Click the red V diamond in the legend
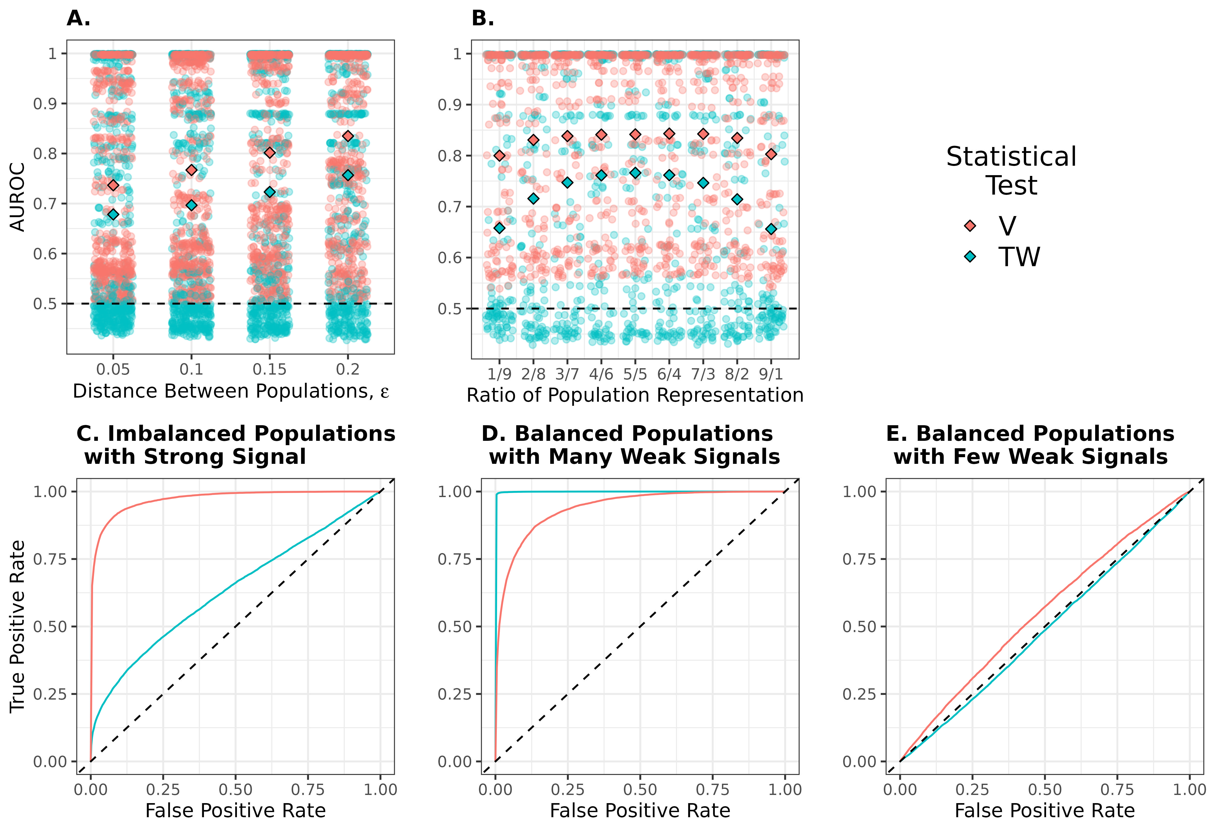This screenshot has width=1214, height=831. (970, 226)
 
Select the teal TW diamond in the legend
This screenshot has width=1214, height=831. (970, 257)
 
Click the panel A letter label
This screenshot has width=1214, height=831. (78, 19)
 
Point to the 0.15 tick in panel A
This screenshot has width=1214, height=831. (270, 369)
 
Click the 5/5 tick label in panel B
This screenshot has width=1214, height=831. (635, 374)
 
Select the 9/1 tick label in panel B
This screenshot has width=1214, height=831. (771, 374)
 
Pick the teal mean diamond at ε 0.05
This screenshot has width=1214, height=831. (113, 214)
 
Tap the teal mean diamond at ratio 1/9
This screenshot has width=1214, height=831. (499, 228)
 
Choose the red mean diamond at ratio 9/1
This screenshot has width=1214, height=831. (771, 154)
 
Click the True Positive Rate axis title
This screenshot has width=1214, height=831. (18, 626)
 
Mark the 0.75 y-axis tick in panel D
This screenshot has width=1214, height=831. (454, 559)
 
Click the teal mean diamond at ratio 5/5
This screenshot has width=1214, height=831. (635, 173)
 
